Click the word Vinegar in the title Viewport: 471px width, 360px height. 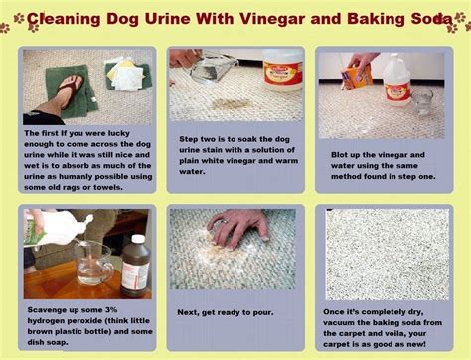(x=272, y=19)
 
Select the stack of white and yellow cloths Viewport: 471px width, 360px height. (x=128, y=75)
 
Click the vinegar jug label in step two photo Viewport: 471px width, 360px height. (x=283, y=76)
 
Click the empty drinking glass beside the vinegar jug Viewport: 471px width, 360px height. (x=422, y=101)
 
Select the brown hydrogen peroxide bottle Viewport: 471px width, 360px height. (x=136, y=266)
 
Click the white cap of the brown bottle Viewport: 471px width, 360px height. (x=138, y=240)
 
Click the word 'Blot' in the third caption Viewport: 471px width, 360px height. (x=341, y=155)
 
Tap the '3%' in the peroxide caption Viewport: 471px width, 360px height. (x=110, y=310)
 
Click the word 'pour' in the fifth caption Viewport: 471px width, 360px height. (x=264, y=312)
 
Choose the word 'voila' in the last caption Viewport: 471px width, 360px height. (x=396, y=333)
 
